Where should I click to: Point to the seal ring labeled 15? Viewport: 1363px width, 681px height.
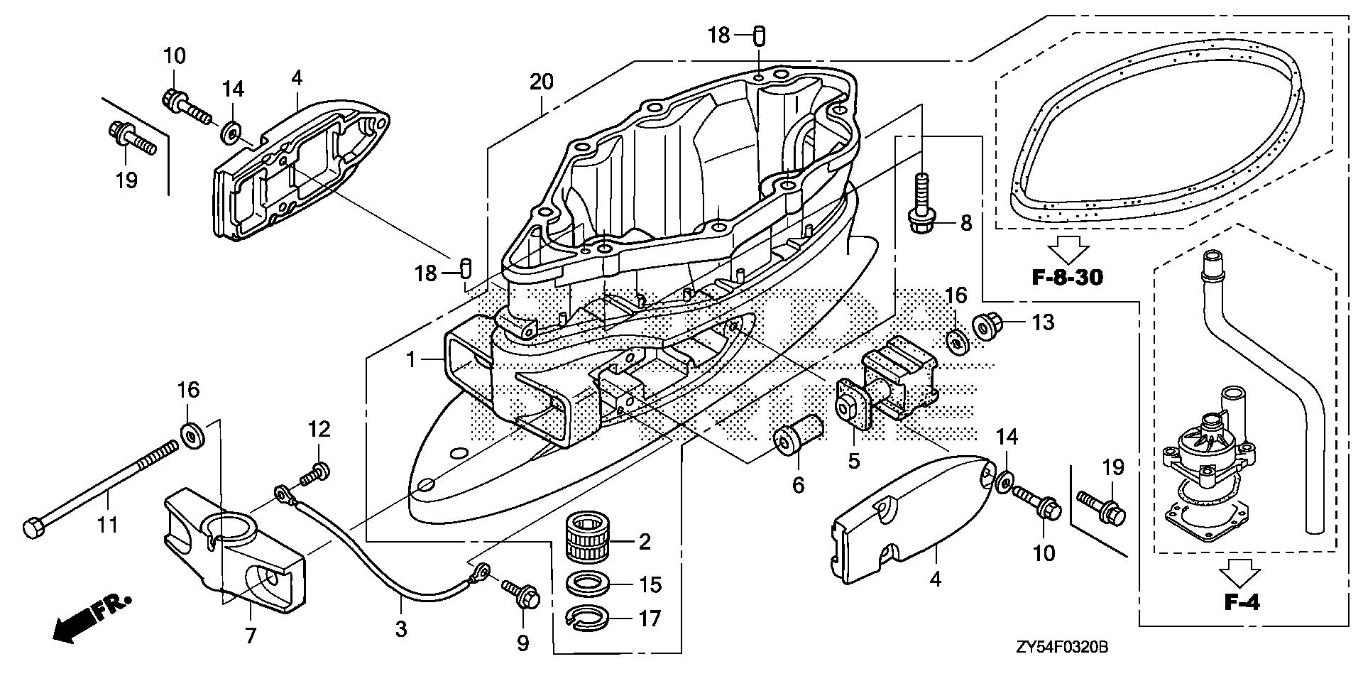click(591, 584)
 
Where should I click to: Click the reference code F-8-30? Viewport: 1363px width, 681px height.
click(1068, 276)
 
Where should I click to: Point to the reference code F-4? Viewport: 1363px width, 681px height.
click(1242, 602)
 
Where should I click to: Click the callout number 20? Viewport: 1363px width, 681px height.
click(541, 82)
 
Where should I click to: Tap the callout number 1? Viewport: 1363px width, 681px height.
click(410, 360)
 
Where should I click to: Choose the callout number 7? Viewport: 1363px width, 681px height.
click(250, 636)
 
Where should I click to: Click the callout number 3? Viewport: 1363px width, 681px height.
click(401, 628)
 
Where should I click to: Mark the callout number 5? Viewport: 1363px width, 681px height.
click(853, 461)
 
